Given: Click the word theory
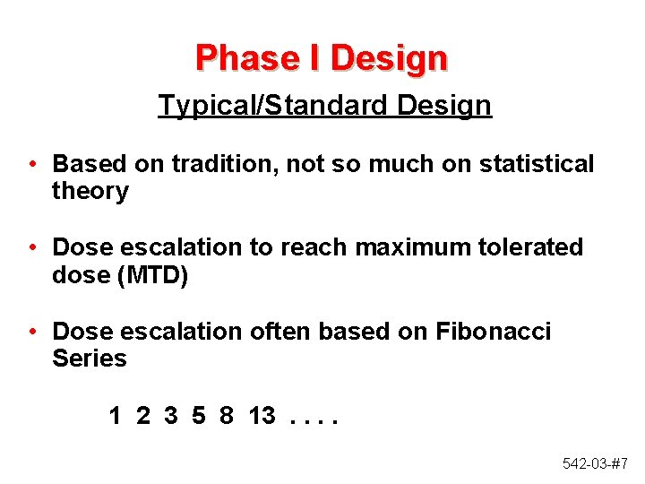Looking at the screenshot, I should coord(90,191).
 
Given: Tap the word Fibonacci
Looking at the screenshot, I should coord(494,331).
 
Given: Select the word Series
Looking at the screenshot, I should coord(90,359).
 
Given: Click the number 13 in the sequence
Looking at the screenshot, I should coord(262,415).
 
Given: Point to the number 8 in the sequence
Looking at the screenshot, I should coord(227,415).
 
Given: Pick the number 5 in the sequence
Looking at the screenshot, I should coord(199,415).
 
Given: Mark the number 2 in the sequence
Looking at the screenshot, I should coord(143,415).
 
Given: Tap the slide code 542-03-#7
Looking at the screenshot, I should coord(596,463).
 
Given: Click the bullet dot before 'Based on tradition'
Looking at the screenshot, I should coord(31,164).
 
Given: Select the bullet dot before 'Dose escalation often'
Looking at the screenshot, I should coord(31,331).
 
